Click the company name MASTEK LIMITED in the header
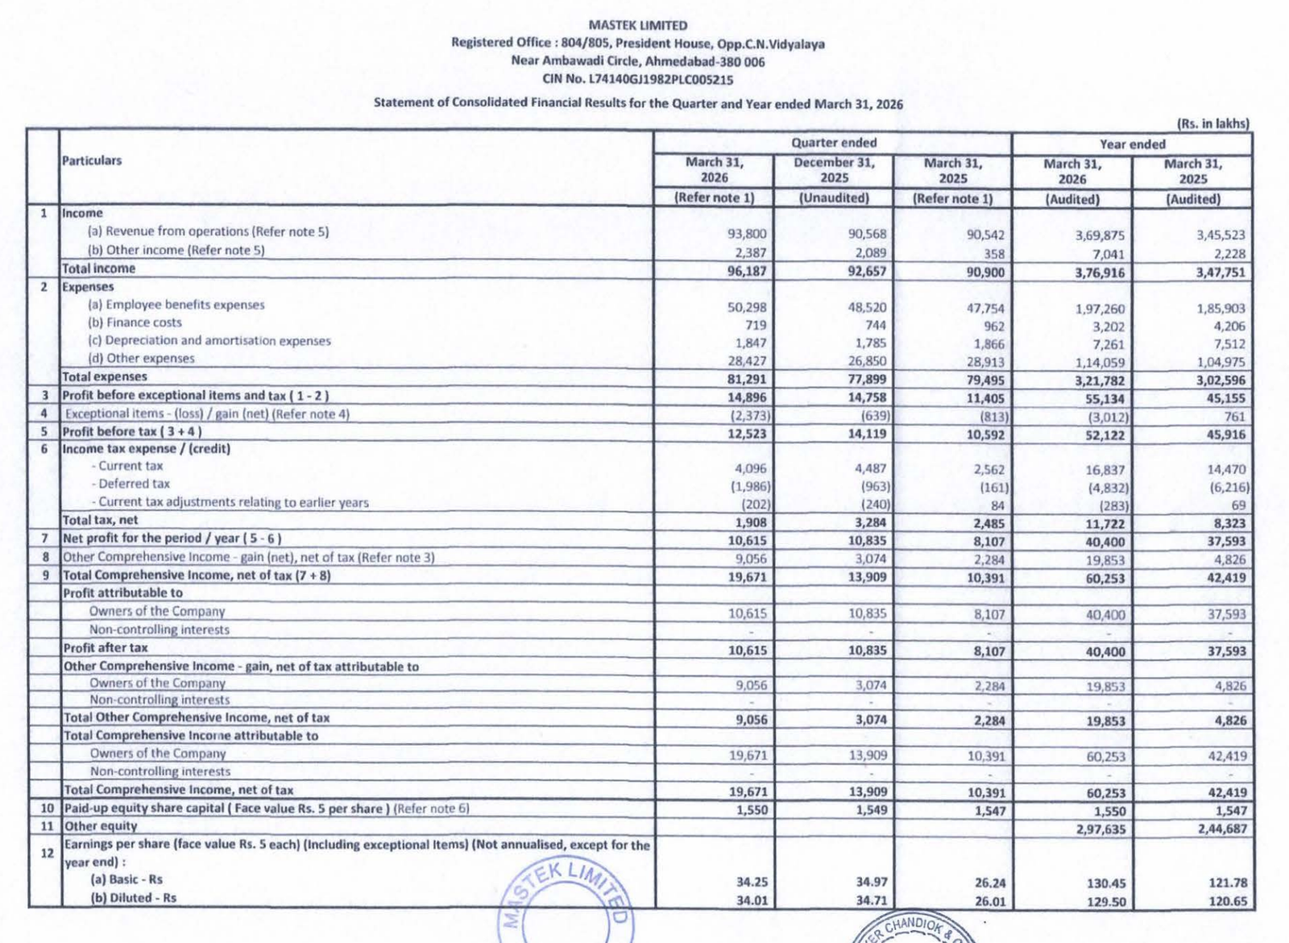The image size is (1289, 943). point(638,25)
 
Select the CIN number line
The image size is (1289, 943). point(638,80)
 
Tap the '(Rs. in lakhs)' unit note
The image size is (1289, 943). point(1212,123)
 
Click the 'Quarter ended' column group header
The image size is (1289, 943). point(833,143)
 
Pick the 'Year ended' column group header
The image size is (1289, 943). point(1132,144)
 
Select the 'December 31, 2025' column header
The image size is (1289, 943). point(833,170)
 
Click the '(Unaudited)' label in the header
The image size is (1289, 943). point(833,198)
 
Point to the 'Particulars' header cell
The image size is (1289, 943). point(92,160)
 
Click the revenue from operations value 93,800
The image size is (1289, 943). point(747,234)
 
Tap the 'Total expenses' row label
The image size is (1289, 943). point(105,376)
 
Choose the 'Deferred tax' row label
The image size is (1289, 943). point(134,484)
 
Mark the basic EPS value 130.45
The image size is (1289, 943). point(1106,883)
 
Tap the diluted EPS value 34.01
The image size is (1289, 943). point(752,900)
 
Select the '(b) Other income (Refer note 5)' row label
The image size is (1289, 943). point(176,250)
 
